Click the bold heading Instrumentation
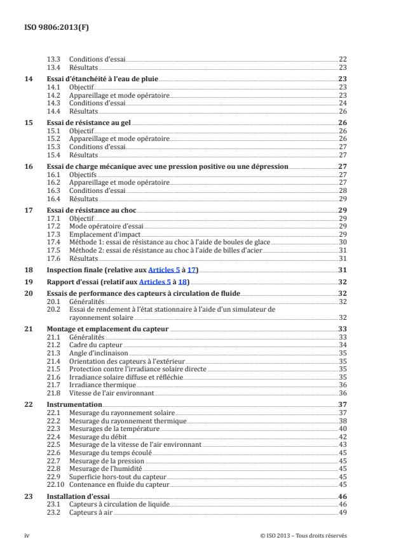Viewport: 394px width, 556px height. click(74, 404)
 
